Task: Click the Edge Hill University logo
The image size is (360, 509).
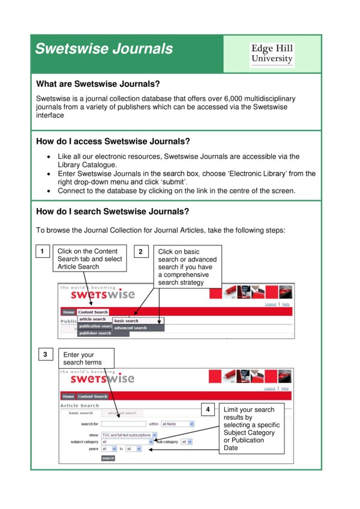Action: pyautogui.click(x=272, y=53)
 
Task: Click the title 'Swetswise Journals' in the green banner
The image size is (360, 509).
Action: pyautogui.click(x=103, y=49)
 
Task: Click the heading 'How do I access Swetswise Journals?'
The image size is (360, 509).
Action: pyautogui.click(x=113, y=141)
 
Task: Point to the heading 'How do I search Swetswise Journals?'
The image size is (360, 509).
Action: pyautogui.click(x=113, y=211)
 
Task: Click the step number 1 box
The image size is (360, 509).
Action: pyautogui.click(x=41, y=252)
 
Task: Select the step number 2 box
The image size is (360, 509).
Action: pyautogui.click(x=140, y=252)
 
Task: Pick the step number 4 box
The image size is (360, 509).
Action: pyautogui.click(x=208, y=410)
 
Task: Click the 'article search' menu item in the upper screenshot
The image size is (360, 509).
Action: pyautogui.click(x=92, y=320)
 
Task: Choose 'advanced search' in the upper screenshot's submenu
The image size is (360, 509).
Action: pyautogui.click(x=131, y=328)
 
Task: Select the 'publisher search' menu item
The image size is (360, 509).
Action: pyautogui.click(x=95, y=333)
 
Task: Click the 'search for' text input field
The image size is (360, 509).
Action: pyautogui.click(x=124, y=424)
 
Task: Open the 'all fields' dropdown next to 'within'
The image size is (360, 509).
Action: pyautogui.click(x=178, y=424)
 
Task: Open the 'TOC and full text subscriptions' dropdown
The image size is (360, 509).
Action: pyautogui.click(x=129, y=435)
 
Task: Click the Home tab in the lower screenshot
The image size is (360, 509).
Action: pyautogui.click(x=68, y=396)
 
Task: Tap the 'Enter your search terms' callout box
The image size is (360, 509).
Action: pyautogui.click(x=85, y=359)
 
